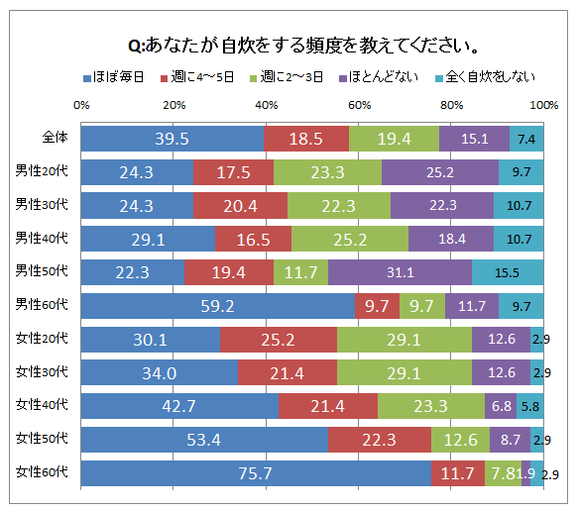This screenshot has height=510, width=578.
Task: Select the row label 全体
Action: coord(55,138)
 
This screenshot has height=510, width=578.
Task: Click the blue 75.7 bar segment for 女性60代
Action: coord(255,473)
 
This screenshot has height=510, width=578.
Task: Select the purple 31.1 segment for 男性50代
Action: coord(400,271)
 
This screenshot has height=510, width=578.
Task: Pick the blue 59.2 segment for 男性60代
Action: coord(217,305)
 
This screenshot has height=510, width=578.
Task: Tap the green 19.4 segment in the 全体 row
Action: coord(394,138)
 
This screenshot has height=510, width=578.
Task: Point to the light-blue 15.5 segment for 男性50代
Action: coord(507,271)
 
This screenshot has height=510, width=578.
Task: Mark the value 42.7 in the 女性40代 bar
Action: coord(179,406)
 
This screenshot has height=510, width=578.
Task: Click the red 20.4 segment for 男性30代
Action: coord(240,205)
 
